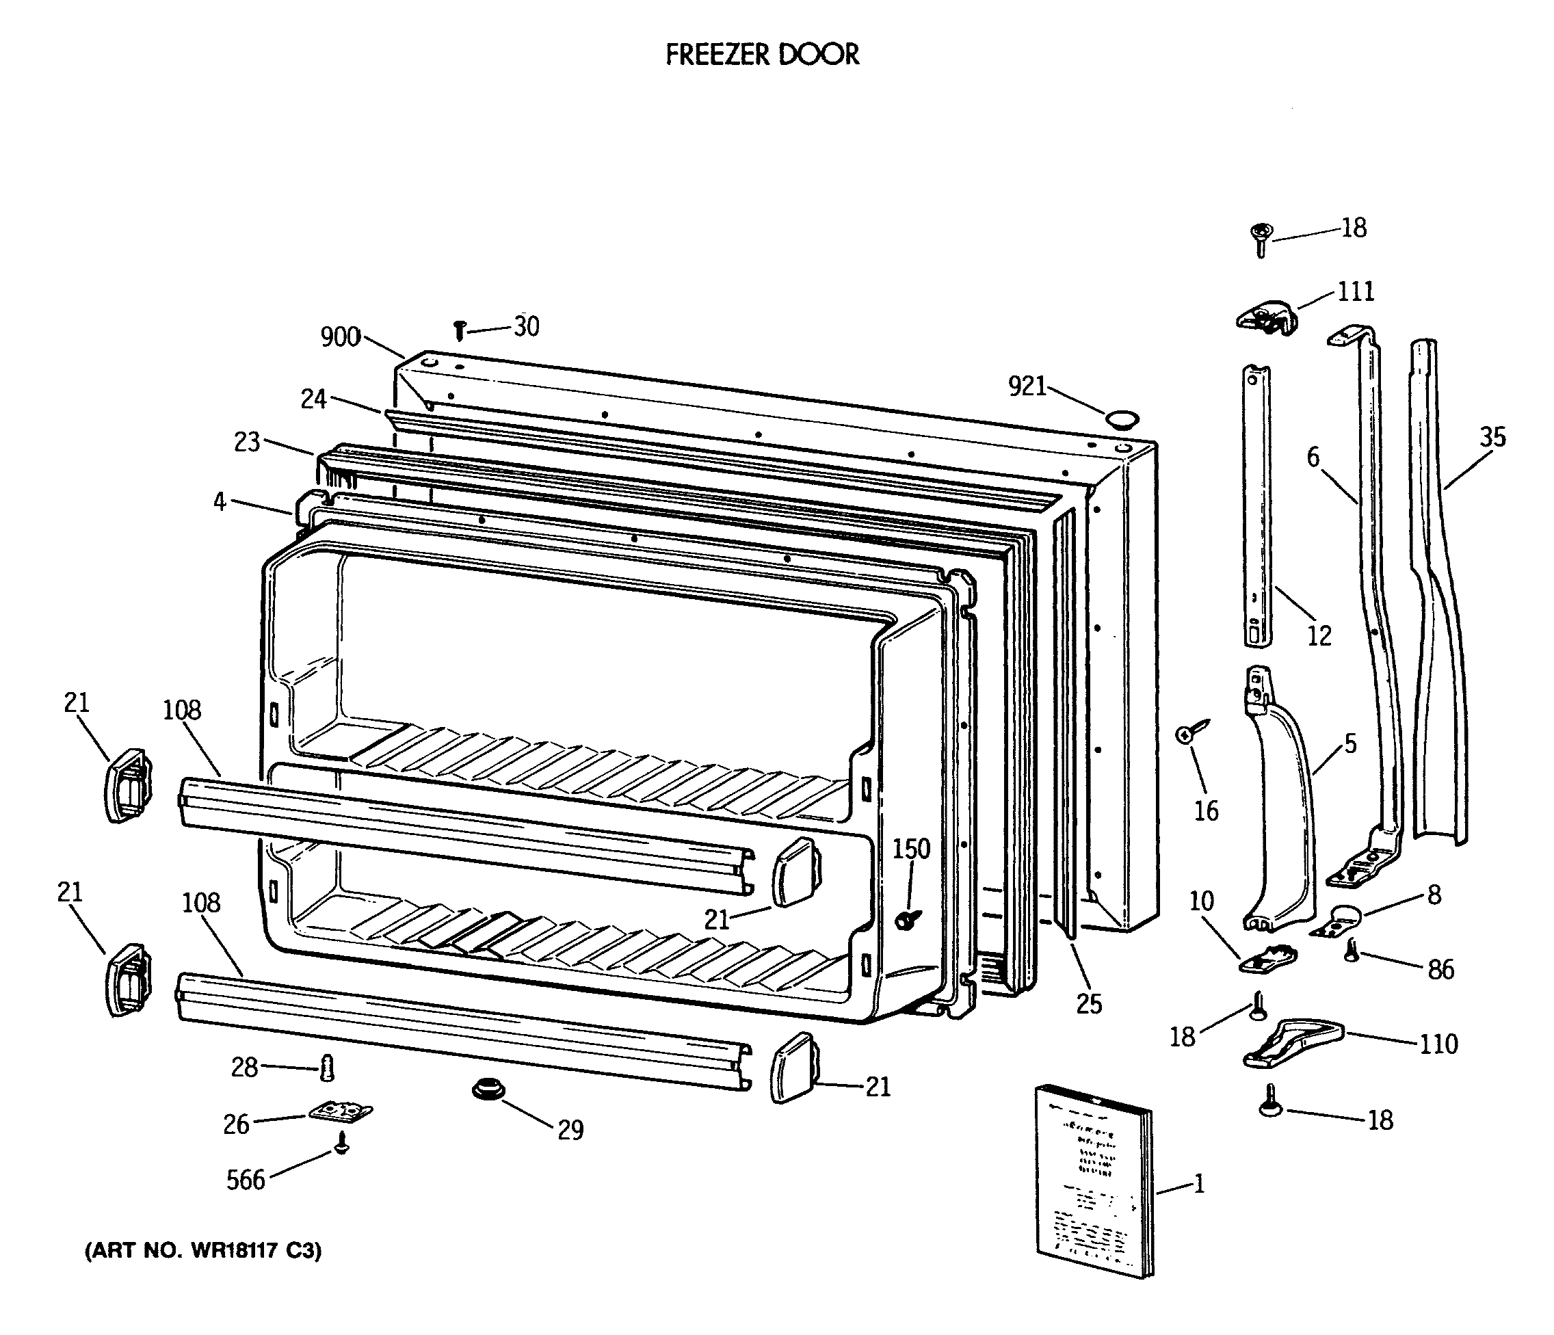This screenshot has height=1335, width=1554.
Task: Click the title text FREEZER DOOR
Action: [x=762, y=54]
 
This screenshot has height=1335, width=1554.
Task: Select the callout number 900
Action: [x=340, y=337]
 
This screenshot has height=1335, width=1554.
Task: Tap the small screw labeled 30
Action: [x=460, y=328]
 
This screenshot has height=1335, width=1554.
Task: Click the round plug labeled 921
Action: [x=1122, y=419]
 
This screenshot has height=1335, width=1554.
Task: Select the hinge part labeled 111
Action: [x=1266, y=315]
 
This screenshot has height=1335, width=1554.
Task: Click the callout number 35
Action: [x=1492, y=437]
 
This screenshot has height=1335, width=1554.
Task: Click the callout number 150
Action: [x=910, y=849]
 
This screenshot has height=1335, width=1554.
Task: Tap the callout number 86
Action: [x=1440, y=970]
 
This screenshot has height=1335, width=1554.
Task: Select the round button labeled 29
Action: [x=488, y=1089]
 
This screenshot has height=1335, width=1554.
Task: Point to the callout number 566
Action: [x=246, y=1180]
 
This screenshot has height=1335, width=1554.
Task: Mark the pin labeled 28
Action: [x=327, y=1068]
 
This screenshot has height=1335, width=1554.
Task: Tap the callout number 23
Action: [x=247, y=442]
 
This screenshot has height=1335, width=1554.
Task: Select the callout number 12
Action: [x=1319, y=635]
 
